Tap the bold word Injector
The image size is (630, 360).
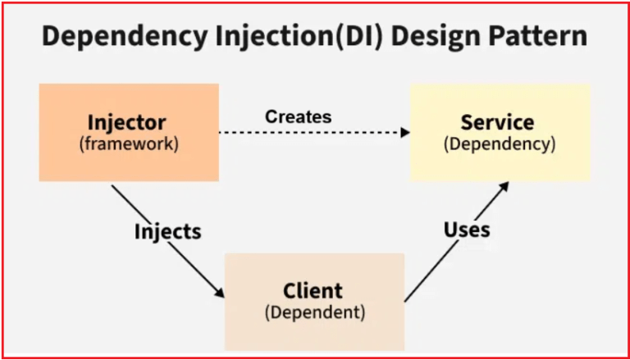coord(127,124)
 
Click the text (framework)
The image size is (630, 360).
coord(127,144)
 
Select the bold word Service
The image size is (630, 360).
coord(498,123)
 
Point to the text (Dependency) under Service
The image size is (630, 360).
coord(499,144)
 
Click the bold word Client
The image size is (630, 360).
coord(313,290)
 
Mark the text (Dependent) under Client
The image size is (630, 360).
coord(314,312)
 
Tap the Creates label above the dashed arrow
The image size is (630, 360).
coord(298,116)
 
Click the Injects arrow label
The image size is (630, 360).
coord(167,232)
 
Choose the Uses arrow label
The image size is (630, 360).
coord(467,229)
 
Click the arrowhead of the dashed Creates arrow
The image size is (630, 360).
coord(405,131)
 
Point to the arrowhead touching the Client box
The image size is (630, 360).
coord(220,294)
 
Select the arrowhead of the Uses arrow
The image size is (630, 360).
coord(504,185)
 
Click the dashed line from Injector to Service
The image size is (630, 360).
coord(312,131)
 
